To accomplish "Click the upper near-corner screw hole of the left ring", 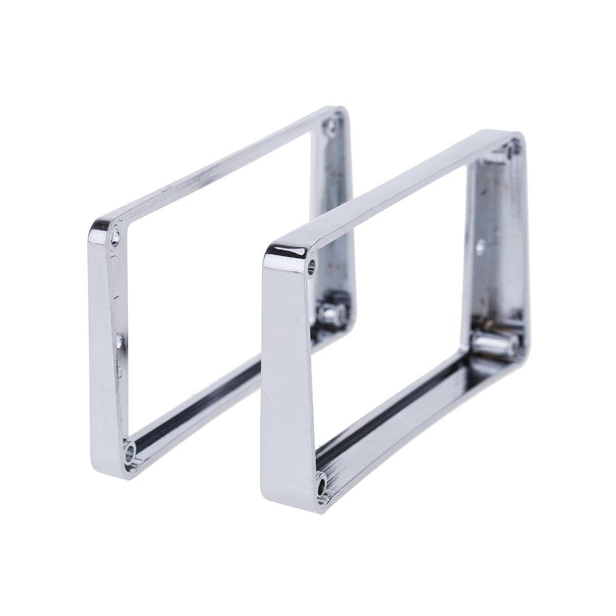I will [115, 236].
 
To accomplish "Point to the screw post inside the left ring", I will [330, 314].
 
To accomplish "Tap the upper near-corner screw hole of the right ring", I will [311, 267].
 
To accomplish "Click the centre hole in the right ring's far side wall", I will [480, 246].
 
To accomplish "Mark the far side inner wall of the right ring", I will [493, 246].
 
